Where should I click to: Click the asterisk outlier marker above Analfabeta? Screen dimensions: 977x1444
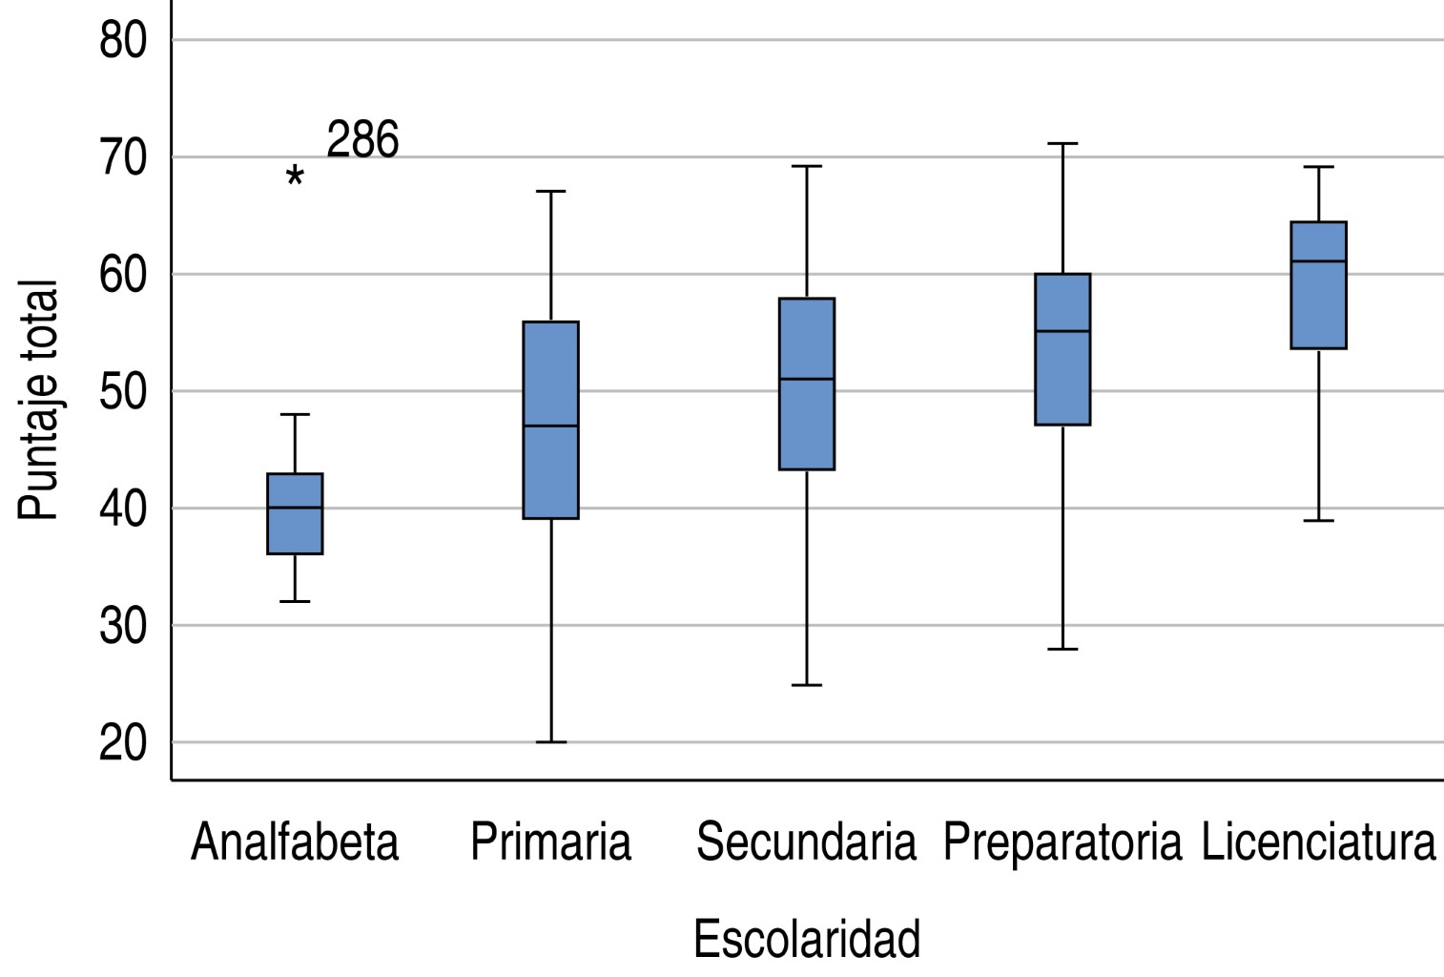click(295, 177)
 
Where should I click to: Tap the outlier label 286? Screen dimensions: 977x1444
click(362, 140)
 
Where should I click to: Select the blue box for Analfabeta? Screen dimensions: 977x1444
click(295, 513)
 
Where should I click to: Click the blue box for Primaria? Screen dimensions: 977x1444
click(550, 420)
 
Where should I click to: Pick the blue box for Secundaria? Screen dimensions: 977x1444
click(807, 384)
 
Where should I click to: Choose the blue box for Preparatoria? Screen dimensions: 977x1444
click(1062, 349)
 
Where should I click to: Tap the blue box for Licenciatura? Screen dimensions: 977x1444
click(1318, 285)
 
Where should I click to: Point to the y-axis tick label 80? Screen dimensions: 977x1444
click(123, 41)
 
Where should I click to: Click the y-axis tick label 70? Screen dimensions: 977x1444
click(123, 157)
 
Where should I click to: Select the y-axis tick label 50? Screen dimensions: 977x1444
click(123, 391)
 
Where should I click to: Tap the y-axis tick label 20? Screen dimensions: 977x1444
click(123, 743)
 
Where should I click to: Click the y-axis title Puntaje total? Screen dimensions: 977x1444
click(38, 401)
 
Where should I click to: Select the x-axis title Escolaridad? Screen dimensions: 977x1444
click(807, 939)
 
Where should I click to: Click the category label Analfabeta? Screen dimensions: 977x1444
click(295, 842)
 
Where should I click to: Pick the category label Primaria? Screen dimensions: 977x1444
click(550, 842)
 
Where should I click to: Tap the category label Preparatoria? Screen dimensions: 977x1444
click(1062, 842)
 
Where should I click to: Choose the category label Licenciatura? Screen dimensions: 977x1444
click(1318, 842)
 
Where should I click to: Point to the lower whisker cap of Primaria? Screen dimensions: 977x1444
click(550, 741)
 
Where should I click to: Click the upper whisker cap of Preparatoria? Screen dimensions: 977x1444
click(1062, 143)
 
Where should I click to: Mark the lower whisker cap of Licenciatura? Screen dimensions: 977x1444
click(1318, 520)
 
